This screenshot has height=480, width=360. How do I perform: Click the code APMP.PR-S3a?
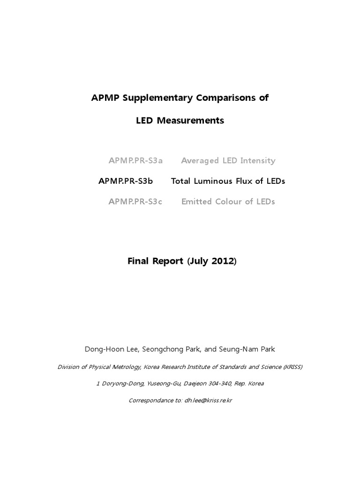[135, 161]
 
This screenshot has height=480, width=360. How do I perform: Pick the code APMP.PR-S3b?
[126, 181]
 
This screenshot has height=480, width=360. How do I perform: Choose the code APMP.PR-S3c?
[135, 202]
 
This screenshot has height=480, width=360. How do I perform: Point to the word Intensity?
[257, 161]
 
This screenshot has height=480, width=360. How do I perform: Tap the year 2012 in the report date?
[222, 261]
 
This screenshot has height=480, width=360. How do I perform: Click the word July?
[199, 261]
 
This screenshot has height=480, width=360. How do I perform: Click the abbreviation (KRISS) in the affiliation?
[290, 367]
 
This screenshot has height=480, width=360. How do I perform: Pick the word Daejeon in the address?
[194, 383]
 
